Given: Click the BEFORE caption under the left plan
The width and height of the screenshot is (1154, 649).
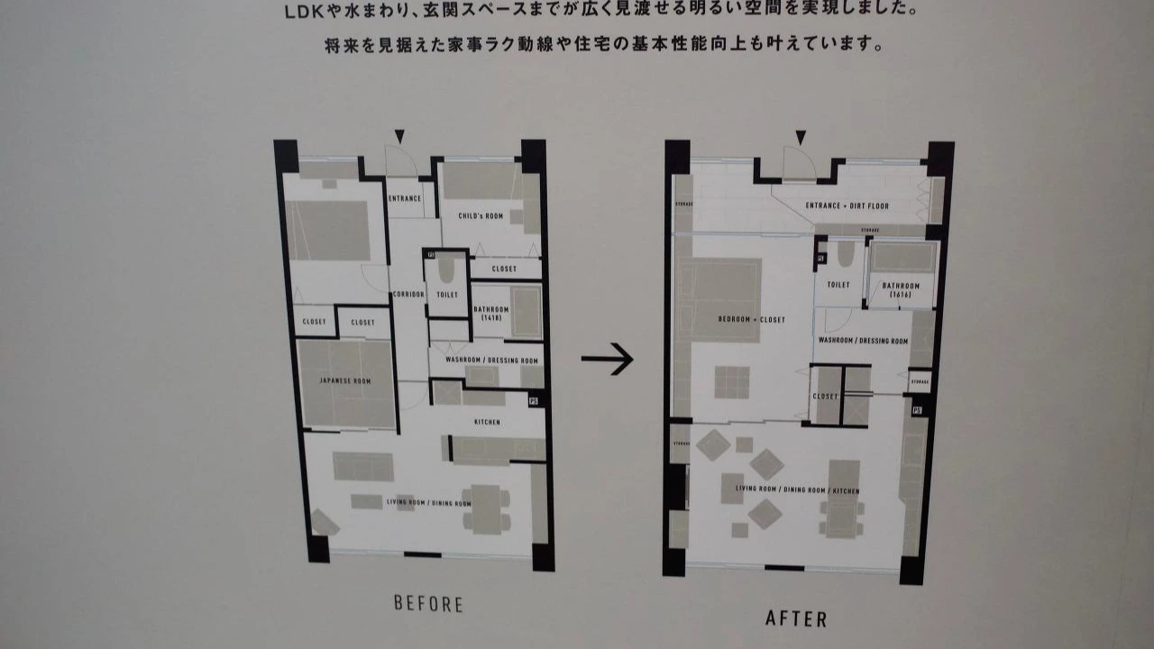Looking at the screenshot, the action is [x=428, y=604].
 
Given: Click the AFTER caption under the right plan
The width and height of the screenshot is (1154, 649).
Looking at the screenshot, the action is [x=796, y=618].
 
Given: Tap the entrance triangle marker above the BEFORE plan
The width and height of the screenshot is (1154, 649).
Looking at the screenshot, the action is [x=399, y=136].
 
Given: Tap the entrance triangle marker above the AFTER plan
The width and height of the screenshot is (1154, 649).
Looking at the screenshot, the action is [x=799, y=138].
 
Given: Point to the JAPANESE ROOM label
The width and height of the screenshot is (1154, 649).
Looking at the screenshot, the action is [x=345, y=381].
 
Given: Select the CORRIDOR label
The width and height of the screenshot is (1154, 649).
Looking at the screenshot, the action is [x=408, y=295].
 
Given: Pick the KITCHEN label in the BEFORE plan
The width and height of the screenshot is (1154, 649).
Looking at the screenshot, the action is [x=487, y=422].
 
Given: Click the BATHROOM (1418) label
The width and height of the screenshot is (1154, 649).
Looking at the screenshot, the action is [x=491, y=313].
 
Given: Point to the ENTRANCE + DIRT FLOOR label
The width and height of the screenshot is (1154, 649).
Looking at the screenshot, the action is [x=847, y=206].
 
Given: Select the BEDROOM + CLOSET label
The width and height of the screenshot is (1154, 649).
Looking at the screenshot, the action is [x=751, y=320].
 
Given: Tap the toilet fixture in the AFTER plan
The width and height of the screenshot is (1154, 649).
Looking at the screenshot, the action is [x=845, y=254].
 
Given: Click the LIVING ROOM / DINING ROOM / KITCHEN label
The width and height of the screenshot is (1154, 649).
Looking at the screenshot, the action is [x=797, y=490].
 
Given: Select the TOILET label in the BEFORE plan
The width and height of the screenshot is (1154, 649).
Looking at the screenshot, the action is [x=447, y=295].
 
